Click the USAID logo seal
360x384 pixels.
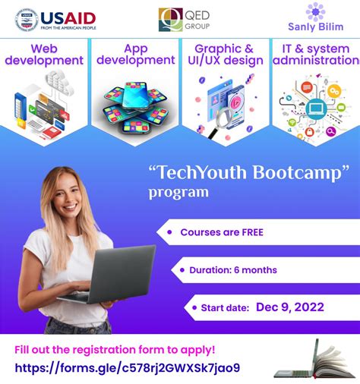[x=27, y=19]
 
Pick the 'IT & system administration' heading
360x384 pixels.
[x=315, y=54]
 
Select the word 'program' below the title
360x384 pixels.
[x=179, y=192]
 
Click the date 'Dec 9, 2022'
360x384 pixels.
[x=290, y=307]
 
